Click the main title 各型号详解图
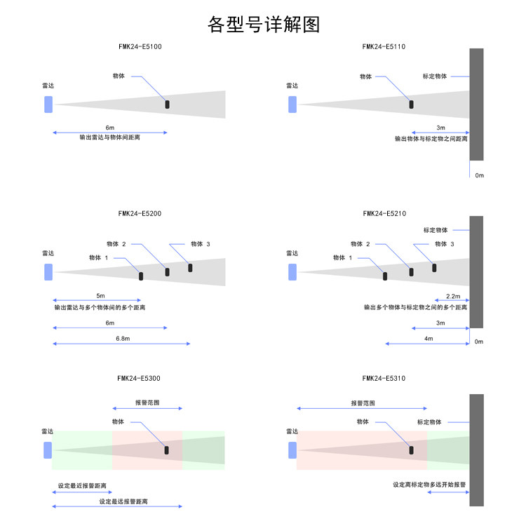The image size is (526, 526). pos(264,25)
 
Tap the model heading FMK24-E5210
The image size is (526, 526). pos(384,213)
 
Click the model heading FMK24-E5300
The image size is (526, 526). pos(139,379)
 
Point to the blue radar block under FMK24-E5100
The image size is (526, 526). pos(48,104)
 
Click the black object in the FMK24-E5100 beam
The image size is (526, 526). pos(167,104)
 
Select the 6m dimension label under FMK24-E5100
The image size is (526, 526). pos(109,127)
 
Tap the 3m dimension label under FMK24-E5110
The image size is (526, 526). pos(440,128)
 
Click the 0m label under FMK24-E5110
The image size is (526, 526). pos(480,175)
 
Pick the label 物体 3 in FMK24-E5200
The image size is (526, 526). pos(200,244)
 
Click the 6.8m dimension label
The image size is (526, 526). pos(123,338)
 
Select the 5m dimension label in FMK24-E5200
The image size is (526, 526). pos(100,296)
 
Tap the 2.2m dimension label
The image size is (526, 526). pos(453,296)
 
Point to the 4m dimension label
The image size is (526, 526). pos(429,338)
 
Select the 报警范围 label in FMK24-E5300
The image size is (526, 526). pos(147,403)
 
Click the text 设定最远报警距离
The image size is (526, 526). pos(123,501)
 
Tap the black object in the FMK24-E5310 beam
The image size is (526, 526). pos(412,450)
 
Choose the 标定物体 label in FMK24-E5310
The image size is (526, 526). pos(429,422)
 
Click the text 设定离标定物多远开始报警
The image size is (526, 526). pos(430,485)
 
